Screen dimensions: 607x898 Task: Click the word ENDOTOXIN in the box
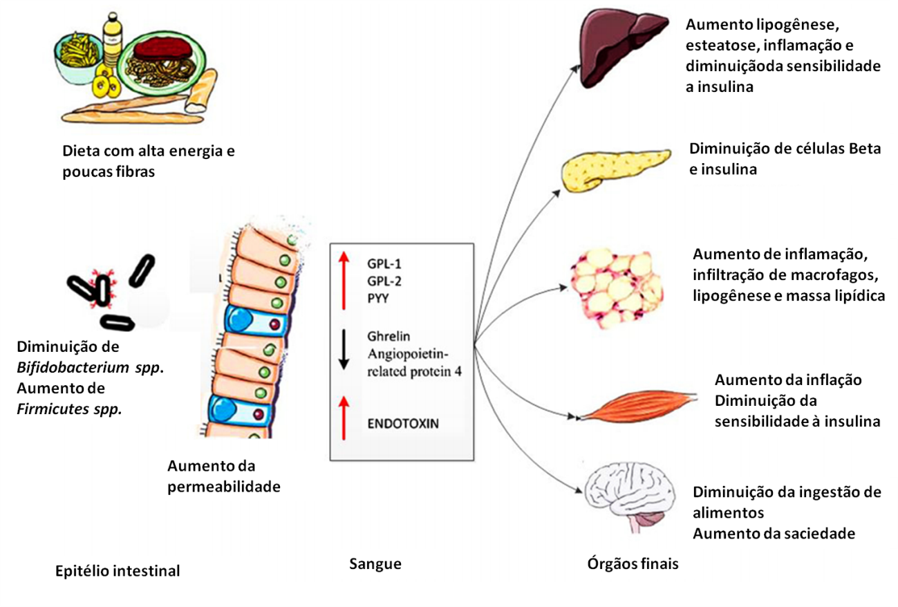403,423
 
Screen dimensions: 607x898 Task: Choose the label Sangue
375,564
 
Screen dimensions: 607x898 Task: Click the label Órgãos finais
633,564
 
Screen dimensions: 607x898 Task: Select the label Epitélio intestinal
118,571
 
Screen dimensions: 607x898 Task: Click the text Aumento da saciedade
774,533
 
